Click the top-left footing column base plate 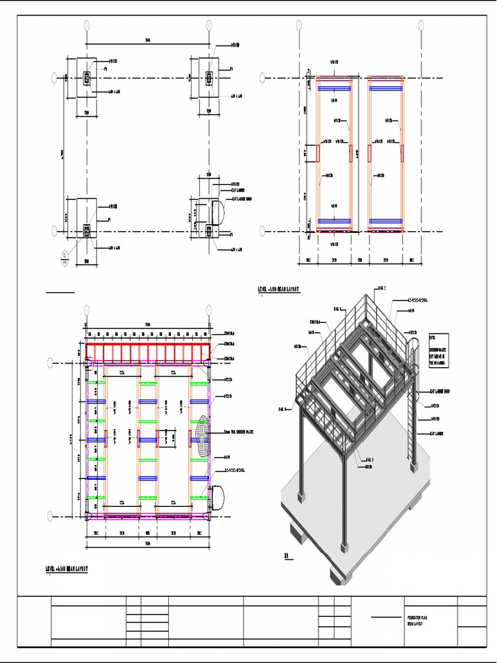pyautogui.click(x=87, y=78)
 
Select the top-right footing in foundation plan pyautogui.click(x=208, y=78)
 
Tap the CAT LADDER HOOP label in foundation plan pyautogui.click(x=241, y=199)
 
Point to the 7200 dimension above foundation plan pyautogui.click(x=148, y=42)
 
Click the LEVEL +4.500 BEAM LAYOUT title pyautogui.click(x=66, y=568)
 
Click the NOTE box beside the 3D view pyautogui.click(x=438, y=352)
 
